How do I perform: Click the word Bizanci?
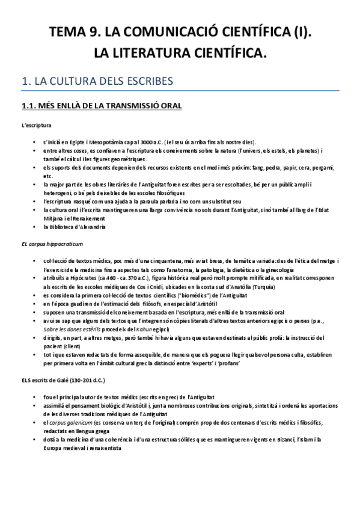point(272,440)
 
